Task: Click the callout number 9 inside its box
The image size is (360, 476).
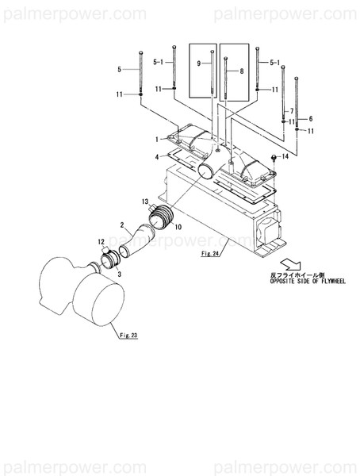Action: click(x=199, y=62)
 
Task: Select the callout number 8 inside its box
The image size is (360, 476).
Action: click(x=242, y=71)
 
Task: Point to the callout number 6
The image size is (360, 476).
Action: click(x=311, y=117)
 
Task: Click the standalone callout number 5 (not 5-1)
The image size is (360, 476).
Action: click(x=119, y=70)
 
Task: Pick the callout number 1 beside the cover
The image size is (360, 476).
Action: click(x=157, y=138)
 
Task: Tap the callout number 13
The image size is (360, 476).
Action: click(x=145, y=202)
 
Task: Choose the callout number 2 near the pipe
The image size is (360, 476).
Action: click(x=122, y=225)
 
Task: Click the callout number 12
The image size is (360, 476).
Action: click(x=101, y=241)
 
